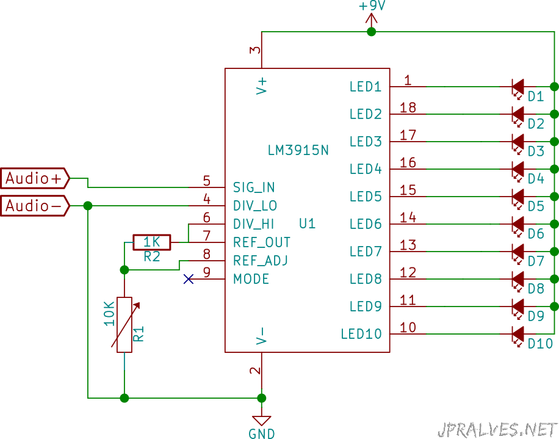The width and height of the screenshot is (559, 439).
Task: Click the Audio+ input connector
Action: tap(35, 178)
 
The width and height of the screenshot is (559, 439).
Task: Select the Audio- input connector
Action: tap(35, 206)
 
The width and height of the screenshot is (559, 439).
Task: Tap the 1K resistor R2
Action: tap(152, 242)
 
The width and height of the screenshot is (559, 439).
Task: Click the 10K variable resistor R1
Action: tap(124, 325)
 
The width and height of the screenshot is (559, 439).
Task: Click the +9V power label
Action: tap(372, 6)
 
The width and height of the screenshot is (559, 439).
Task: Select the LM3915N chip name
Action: tap(298, 150)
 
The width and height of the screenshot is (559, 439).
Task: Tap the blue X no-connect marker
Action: tap(189, 279)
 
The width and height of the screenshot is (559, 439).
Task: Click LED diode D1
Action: tap(518, 87)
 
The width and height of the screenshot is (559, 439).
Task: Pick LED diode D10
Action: tap(518, 334)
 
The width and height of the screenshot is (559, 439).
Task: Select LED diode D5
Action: tap(518, 197)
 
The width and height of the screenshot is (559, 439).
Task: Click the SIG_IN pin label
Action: tap(254, 187)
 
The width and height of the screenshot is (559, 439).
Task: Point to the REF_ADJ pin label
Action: tap(260, 261)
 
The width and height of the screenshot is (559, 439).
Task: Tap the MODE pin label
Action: tap(251, 279)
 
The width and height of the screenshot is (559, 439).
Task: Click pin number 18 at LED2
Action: tap(408, 107)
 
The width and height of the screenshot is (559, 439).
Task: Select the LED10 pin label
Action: tap(361, 334)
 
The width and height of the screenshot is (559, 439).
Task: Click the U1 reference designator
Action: tap(308, 223)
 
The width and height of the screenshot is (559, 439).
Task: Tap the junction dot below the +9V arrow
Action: tap(372, 32)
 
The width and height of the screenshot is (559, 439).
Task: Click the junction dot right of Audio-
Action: tap(88, 206)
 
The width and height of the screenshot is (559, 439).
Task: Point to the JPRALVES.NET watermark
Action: tap(498, 429)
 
